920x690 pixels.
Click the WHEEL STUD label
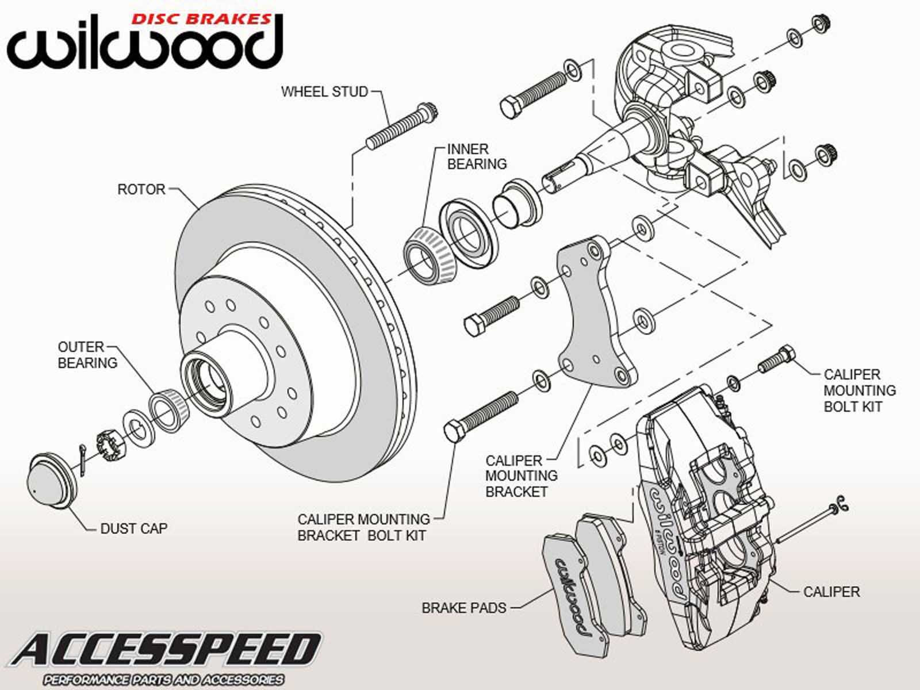tap(324, 91)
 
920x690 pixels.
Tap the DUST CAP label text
tap(133, 528)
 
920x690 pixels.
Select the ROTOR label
tap(141, 189)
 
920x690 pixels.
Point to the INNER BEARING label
tap(477, 156)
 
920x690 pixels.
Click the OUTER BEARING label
tap(87, 355)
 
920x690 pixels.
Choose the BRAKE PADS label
tap(463, 608)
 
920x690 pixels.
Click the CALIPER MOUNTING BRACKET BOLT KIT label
tap(363, 527)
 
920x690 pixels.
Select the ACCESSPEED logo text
tap(167, 650)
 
